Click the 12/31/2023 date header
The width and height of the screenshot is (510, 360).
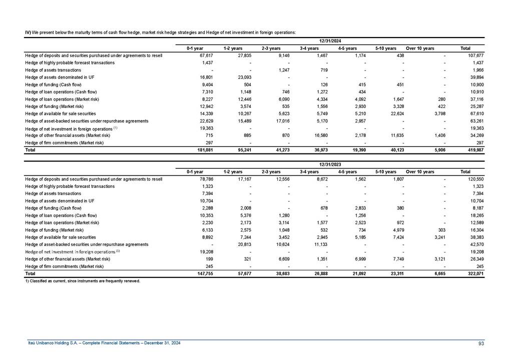tap(330, 164)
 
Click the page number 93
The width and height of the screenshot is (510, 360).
tap(481, 342)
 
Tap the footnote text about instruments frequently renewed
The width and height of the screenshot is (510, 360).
tap(83, 281)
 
